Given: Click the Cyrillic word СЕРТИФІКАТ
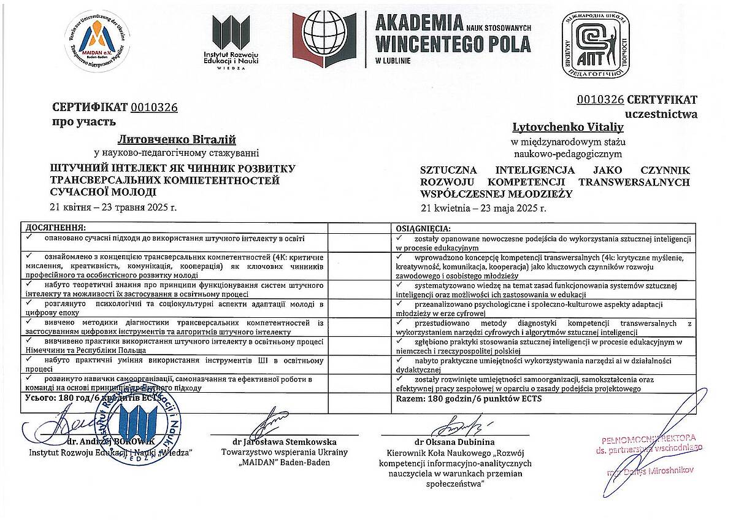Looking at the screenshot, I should coord(90,107).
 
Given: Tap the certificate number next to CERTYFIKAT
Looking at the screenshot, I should coord(600,99).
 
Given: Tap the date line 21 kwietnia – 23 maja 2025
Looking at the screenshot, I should coord(483,207).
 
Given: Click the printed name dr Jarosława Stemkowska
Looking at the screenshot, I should coord(285,441).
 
